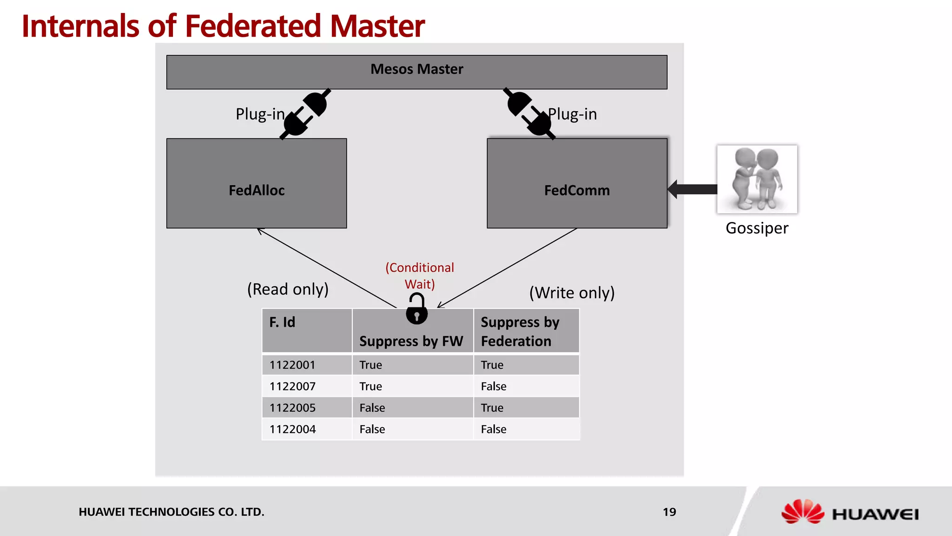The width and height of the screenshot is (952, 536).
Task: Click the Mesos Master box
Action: click(416, 72)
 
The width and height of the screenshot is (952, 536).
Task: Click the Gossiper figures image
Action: click(757, 179)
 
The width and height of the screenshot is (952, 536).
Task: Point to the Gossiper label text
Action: click(757, 228)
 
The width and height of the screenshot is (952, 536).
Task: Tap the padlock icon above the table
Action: click(416, 309)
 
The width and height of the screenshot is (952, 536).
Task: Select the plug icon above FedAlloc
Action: click(305, 114)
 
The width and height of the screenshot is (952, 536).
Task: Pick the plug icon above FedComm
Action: click(529, 114)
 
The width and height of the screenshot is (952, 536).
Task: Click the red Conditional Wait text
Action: click(420, 276)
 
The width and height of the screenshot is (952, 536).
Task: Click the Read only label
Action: click(288, 289)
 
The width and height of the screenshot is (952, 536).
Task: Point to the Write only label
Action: click(572, 293)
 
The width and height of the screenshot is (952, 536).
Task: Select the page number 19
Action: click(669, 512)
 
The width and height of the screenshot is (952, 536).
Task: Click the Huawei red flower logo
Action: click(802, 512)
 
